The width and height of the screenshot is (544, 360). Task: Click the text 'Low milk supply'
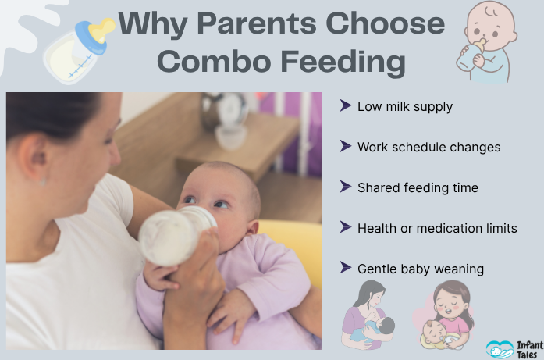[x=404, y=106]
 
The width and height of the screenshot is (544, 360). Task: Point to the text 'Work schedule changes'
[x=428, y=147]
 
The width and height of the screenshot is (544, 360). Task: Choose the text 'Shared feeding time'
[x=418, y=187]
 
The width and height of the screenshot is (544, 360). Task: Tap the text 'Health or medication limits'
[x=437, y=228]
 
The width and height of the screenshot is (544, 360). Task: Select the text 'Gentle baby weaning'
[x=421, y=269]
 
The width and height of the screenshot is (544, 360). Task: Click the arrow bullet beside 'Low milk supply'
[x=345, y=105]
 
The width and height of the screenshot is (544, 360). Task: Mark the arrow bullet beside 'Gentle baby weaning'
[x=345, y=268]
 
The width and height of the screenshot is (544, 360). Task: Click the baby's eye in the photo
[x=220, y=204]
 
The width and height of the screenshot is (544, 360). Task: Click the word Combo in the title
[x=210, y=62]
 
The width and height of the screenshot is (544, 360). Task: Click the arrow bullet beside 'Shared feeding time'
[x=345, y=187]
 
